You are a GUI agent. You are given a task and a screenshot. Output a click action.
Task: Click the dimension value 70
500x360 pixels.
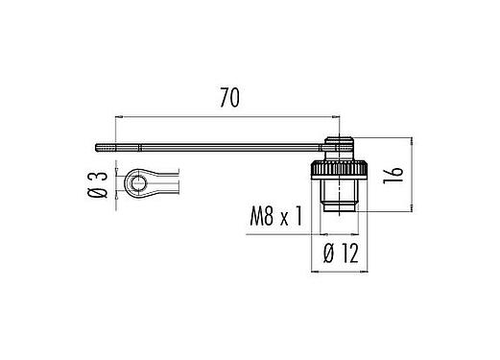[x=227, y=99]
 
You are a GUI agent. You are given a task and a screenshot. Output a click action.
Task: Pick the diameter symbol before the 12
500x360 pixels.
[x=328, y=253]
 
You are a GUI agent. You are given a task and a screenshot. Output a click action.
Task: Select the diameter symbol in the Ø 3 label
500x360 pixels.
[x=97, y=194]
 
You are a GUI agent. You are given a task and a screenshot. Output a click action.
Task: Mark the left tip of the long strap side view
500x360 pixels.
[x=98, y=147]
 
